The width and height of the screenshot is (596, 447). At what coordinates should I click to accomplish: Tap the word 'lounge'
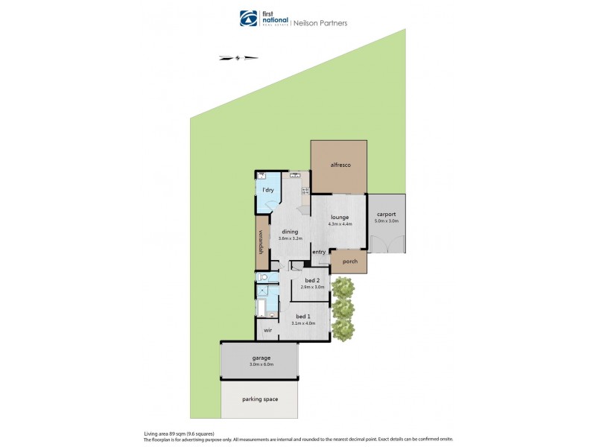point(339,217)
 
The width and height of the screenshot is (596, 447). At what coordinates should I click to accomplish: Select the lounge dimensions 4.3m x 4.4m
point(340,223)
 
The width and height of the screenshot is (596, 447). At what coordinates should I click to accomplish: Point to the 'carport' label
point(387,215)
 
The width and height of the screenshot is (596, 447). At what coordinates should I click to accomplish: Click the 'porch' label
point(349,261)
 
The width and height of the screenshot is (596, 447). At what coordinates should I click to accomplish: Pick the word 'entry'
point(319,252)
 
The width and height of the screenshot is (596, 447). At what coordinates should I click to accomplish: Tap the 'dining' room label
point(290,232)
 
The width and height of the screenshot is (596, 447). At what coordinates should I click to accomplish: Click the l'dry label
point(268,190)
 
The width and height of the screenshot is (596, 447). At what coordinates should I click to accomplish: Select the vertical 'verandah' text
point(261,241)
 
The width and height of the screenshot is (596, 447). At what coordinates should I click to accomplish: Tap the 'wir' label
point(267,329)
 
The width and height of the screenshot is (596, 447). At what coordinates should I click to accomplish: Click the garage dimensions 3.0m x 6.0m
point(261,364)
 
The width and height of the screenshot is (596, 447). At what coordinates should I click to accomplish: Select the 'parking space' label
point(260,399)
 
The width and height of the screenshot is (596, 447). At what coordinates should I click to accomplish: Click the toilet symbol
point(261,278)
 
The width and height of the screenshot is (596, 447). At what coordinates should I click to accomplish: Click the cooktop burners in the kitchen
point(305,191)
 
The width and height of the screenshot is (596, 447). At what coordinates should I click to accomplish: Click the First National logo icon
point(248,19)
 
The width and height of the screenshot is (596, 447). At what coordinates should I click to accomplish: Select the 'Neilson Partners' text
point(321,23)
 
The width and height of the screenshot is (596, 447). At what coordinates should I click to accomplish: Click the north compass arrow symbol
point(238,57)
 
